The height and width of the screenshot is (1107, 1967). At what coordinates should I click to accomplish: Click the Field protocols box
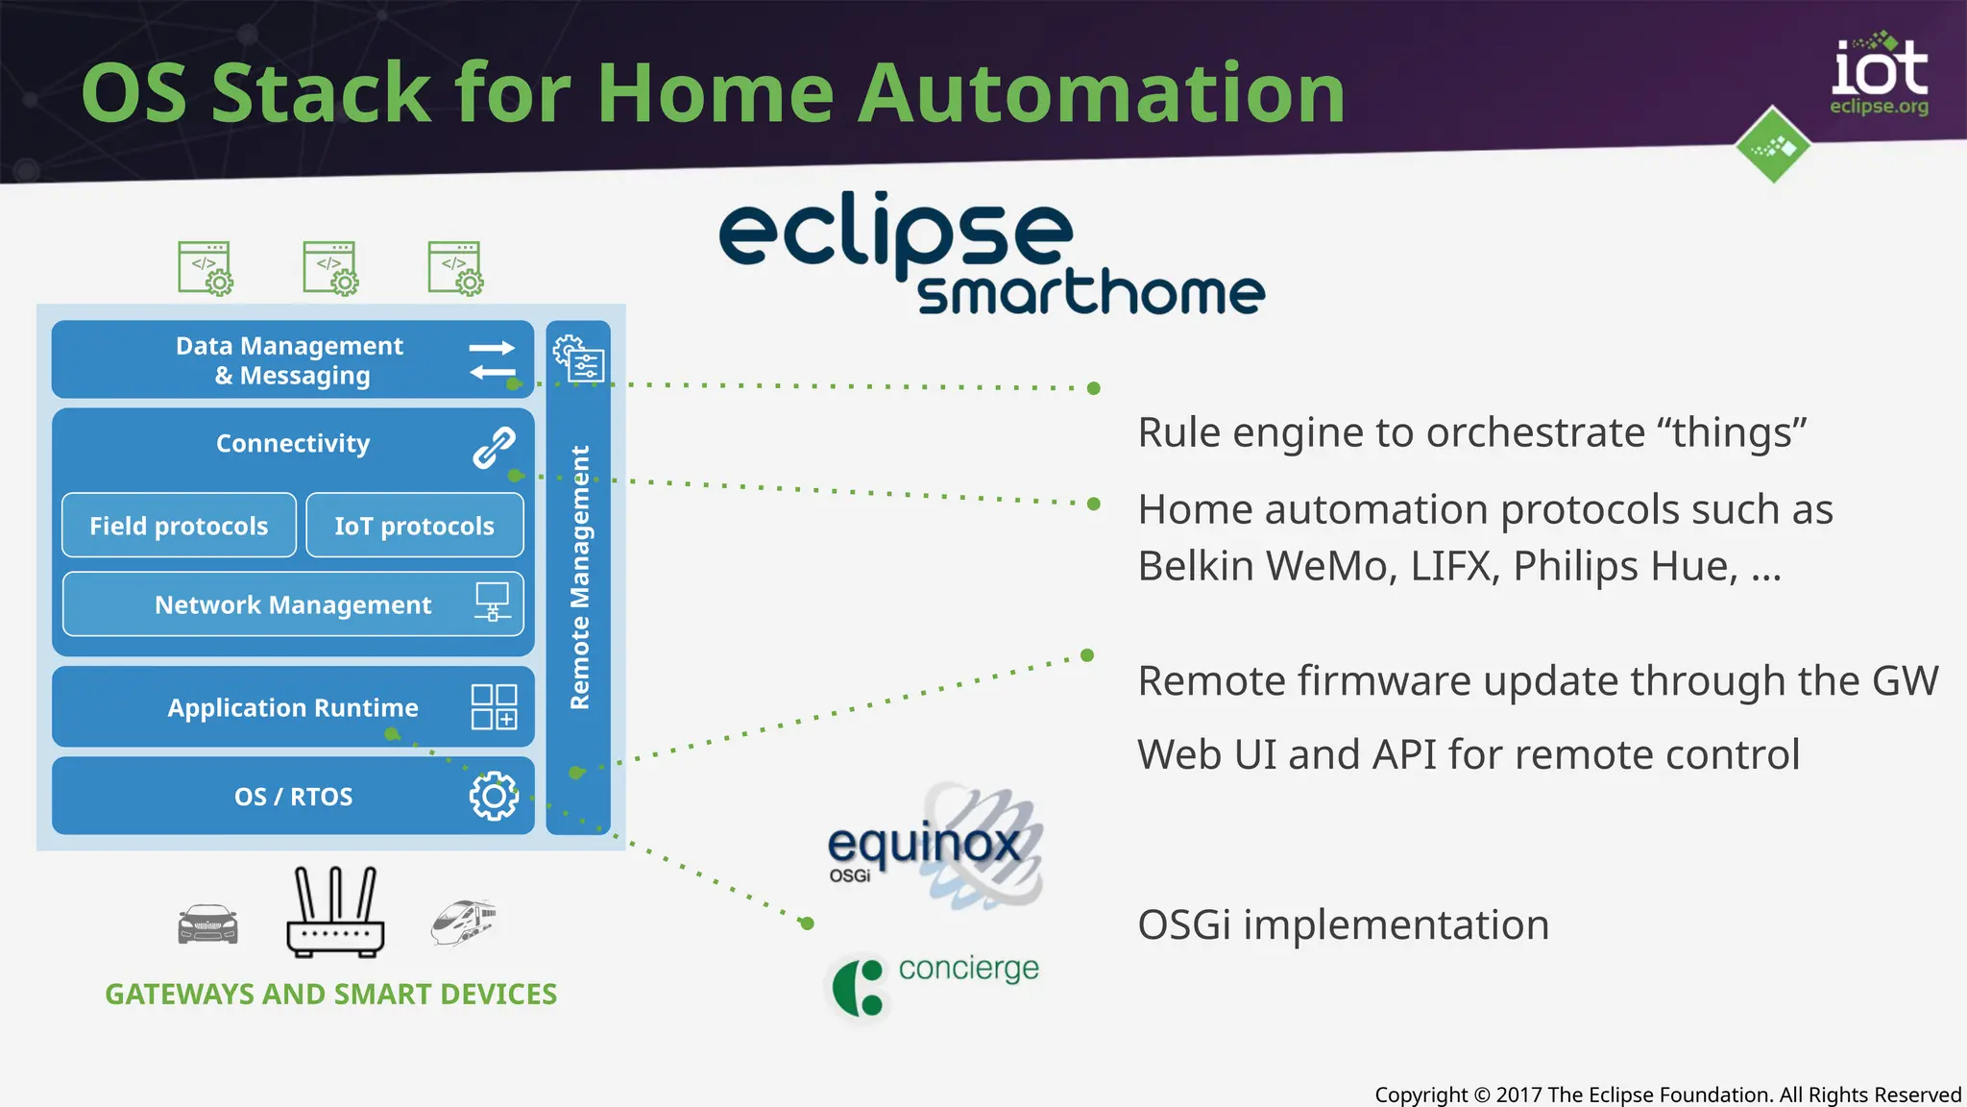point(179,526)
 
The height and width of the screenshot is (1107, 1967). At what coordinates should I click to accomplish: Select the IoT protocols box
point(414,526)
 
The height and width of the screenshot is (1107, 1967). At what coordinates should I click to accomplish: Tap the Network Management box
point(293,604)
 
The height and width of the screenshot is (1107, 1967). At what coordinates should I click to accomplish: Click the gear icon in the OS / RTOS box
point(494,796)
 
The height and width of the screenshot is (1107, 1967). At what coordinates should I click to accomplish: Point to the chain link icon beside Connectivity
point(494,448)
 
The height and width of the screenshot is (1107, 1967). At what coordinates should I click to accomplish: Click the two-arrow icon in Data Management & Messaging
point(493,360)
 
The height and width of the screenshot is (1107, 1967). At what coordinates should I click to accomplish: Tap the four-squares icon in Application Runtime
point(494,707)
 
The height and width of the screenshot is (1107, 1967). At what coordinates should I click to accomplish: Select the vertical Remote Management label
point(579,577)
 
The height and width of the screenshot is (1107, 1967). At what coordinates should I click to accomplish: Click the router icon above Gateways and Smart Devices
point(335,912)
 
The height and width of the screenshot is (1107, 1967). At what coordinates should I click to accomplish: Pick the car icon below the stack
point(207,924)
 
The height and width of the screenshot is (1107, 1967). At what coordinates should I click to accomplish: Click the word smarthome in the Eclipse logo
point(1090,292)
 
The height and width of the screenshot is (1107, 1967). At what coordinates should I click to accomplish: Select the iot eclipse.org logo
point(1878,77)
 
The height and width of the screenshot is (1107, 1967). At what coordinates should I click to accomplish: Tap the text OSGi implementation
point(1343,924)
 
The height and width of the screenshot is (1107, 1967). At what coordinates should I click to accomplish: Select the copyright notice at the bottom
point(1667,1095)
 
